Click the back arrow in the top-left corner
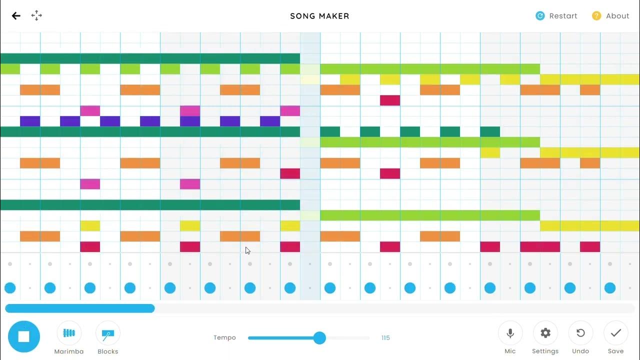(16, 16)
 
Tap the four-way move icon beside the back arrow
(36, 15)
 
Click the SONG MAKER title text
(319, 16)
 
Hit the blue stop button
(23, 336)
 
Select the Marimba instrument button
(69, 333)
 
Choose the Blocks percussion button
(107, 333)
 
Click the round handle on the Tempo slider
(319, 338)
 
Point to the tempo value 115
(385, 338)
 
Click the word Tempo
(224, 338)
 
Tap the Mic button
(510, 333)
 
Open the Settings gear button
(545, 333)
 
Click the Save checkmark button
(615, 333)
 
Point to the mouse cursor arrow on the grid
(247, 250)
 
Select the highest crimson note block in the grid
(390, 100)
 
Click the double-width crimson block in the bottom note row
(540, 247)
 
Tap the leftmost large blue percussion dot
(10, 287)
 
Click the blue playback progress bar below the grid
(80, 308)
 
